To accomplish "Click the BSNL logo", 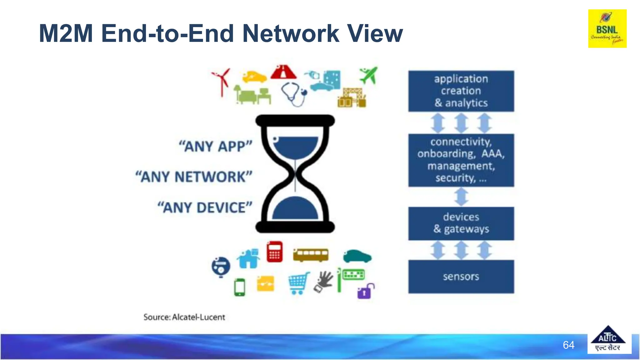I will pyautogui.click(x=607, y=28).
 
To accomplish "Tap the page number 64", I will pyautogui.click(x=568, y=345).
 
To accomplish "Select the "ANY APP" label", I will pyautogui.click(x=215, y=146).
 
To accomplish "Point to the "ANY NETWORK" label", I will pyautogui.click(x=194, y=177).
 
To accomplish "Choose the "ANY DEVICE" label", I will pyautogui.click(x=205, y=207).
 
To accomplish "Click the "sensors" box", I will pyautogui.click(x=461, y=277).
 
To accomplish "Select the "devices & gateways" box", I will pyautogui.click(x=461, y=223).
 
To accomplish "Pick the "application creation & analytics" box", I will pyautogui.click(x=461, y=91).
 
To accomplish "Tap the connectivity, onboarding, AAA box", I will pyautogui.click(x=461, y=160).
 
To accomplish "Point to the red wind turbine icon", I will pyautogui.click(x=221, y=81).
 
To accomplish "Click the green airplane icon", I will pyautogui.click(x=369, y=75).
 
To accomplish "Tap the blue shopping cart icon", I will pyautogui.click(x=298, y=283).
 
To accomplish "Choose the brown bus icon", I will pyautogui.click(x=311, y=254).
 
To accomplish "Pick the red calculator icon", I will pyautogui.click(x=275, y=252).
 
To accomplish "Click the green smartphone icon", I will pyautogui.click(x=240, y=287).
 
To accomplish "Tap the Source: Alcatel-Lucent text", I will pyautogui.click(x=184, y=317).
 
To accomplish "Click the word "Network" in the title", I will pyautogui.click(x=291, y=33).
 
